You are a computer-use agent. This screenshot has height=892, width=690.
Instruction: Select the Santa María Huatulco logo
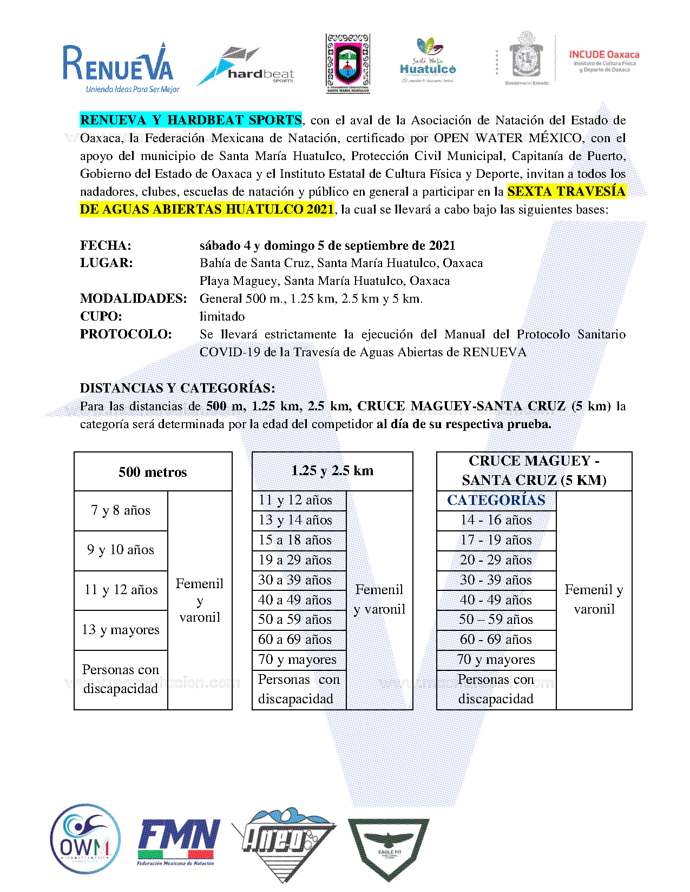tap(428, 61)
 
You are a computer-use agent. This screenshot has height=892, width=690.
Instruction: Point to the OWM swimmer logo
tap(85, 838)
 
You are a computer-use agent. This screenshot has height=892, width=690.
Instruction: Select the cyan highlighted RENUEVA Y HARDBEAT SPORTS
tap(190, 120)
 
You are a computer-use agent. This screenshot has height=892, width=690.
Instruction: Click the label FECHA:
tap(106, 245)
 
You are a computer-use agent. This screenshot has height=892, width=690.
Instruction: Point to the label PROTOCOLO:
tap(126, 334)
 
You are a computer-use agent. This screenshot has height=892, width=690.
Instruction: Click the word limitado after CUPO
tap(222, 316)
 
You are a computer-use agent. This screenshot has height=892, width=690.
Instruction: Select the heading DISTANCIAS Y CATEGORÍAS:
tap(177, 388)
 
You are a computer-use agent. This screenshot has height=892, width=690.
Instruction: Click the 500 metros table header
tap(153, 472)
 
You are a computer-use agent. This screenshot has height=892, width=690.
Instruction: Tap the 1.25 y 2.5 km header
tap(332, 471)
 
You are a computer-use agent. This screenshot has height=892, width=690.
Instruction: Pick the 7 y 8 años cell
tap(121, 510)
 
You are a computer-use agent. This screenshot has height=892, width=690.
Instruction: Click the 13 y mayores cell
tap(121, 630)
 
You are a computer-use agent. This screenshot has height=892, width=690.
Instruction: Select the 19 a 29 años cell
tap(295, 560)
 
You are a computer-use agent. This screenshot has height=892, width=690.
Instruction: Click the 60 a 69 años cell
tap(295, 640)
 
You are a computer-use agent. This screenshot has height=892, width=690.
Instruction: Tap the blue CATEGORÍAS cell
tap(496, 500)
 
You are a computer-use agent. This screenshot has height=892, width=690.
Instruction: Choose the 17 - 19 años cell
tap(496, 540)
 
